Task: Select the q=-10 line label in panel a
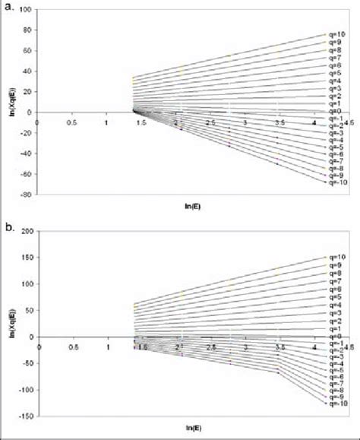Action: [335, 182]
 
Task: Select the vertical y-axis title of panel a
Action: [7, 101]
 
